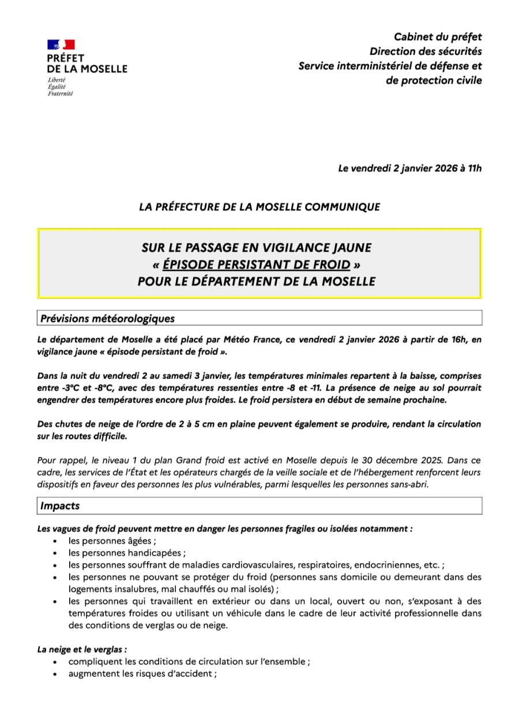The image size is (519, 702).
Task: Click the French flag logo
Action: pyautogui.click(x=61, y=45)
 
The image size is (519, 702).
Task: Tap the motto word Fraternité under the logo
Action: pyautogui.click(x=61, y=93)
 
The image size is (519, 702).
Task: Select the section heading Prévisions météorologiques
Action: pyautogui.click(x=107, y=318)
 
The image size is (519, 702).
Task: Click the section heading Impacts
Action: pyautogui.click(x=60, y=506)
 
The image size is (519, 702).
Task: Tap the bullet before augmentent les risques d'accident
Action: pyautogui.click(x=54, y=674)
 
